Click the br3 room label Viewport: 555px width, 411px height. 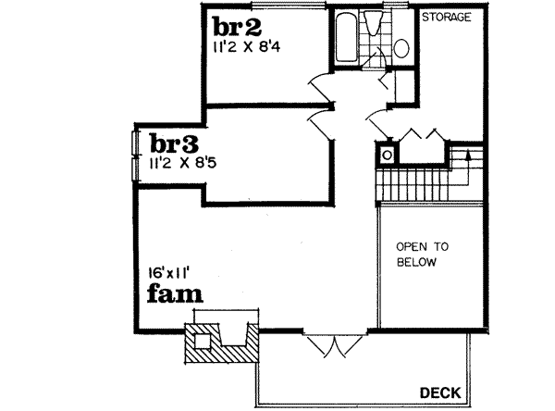pyautogui.click(x=172, y=144)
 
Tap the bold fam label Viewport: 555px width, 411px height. pyautogui.click(x=176, y=294)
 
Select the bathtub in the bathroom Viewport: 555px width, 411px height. pyautogui.click(x=348, y=39)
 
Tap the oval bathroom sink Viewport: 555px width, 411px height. pyautogui.click(x=401, y=47)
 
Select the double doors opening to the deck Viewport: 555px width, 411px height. pyautogui.click(x=331, y=343)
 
